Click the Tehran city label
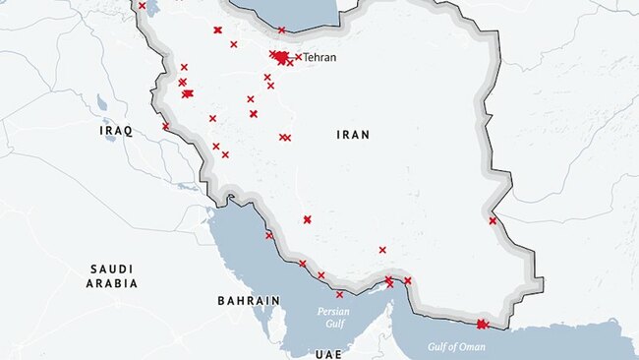pyautogui.click(x=319, y=57)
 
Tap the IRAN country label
pyautogui.click(x=353, y=135)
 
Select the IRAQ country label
pyautogui.click(x=116, y=130)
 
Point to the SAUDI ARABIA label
pyautogui.click(x=112, y=275)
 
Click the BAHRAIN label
pyautogui.click(x=249, y=300)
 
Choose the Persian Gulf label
pyautogui.click(x=332, y=317)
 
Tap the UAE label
pyautogui.click(x=327, y=352)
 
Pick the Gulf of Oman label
pyautogui.click(x=456, y=346)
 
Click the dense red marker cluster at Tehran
pyautogui.click(x=283, y=58)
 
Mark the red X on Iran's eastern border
pyautogui.click(x=493, y=220)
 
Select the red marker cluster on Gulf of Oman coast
pyautogui.click(x=482, y=324)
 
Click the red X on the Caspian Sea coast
pyautogui.click(x=281, y=30)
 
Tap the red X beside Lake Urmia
pyautogui.click(x=142, y=6)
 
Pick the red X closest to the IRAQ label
pyautogui.click(x=165, y=126)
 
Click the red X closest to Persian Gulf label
pyautogui.click(x=339, y=294)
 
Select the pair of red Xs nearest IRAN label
pyautogui.click(x=284, y=138)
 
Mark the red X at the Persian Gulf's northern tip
pyautogui.click(x=231, y=197)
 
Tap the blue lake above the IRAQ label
pyautogui.click(x=101, y=102)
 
